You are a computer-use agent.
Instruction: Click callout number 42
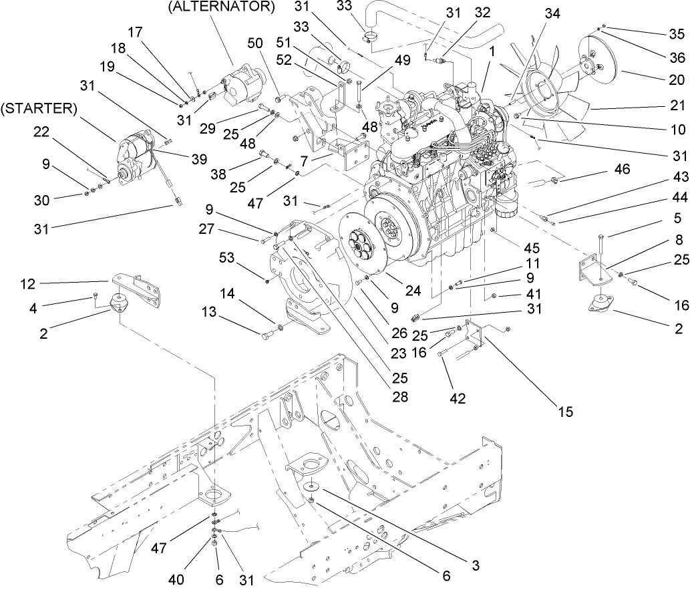(457, 399)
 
